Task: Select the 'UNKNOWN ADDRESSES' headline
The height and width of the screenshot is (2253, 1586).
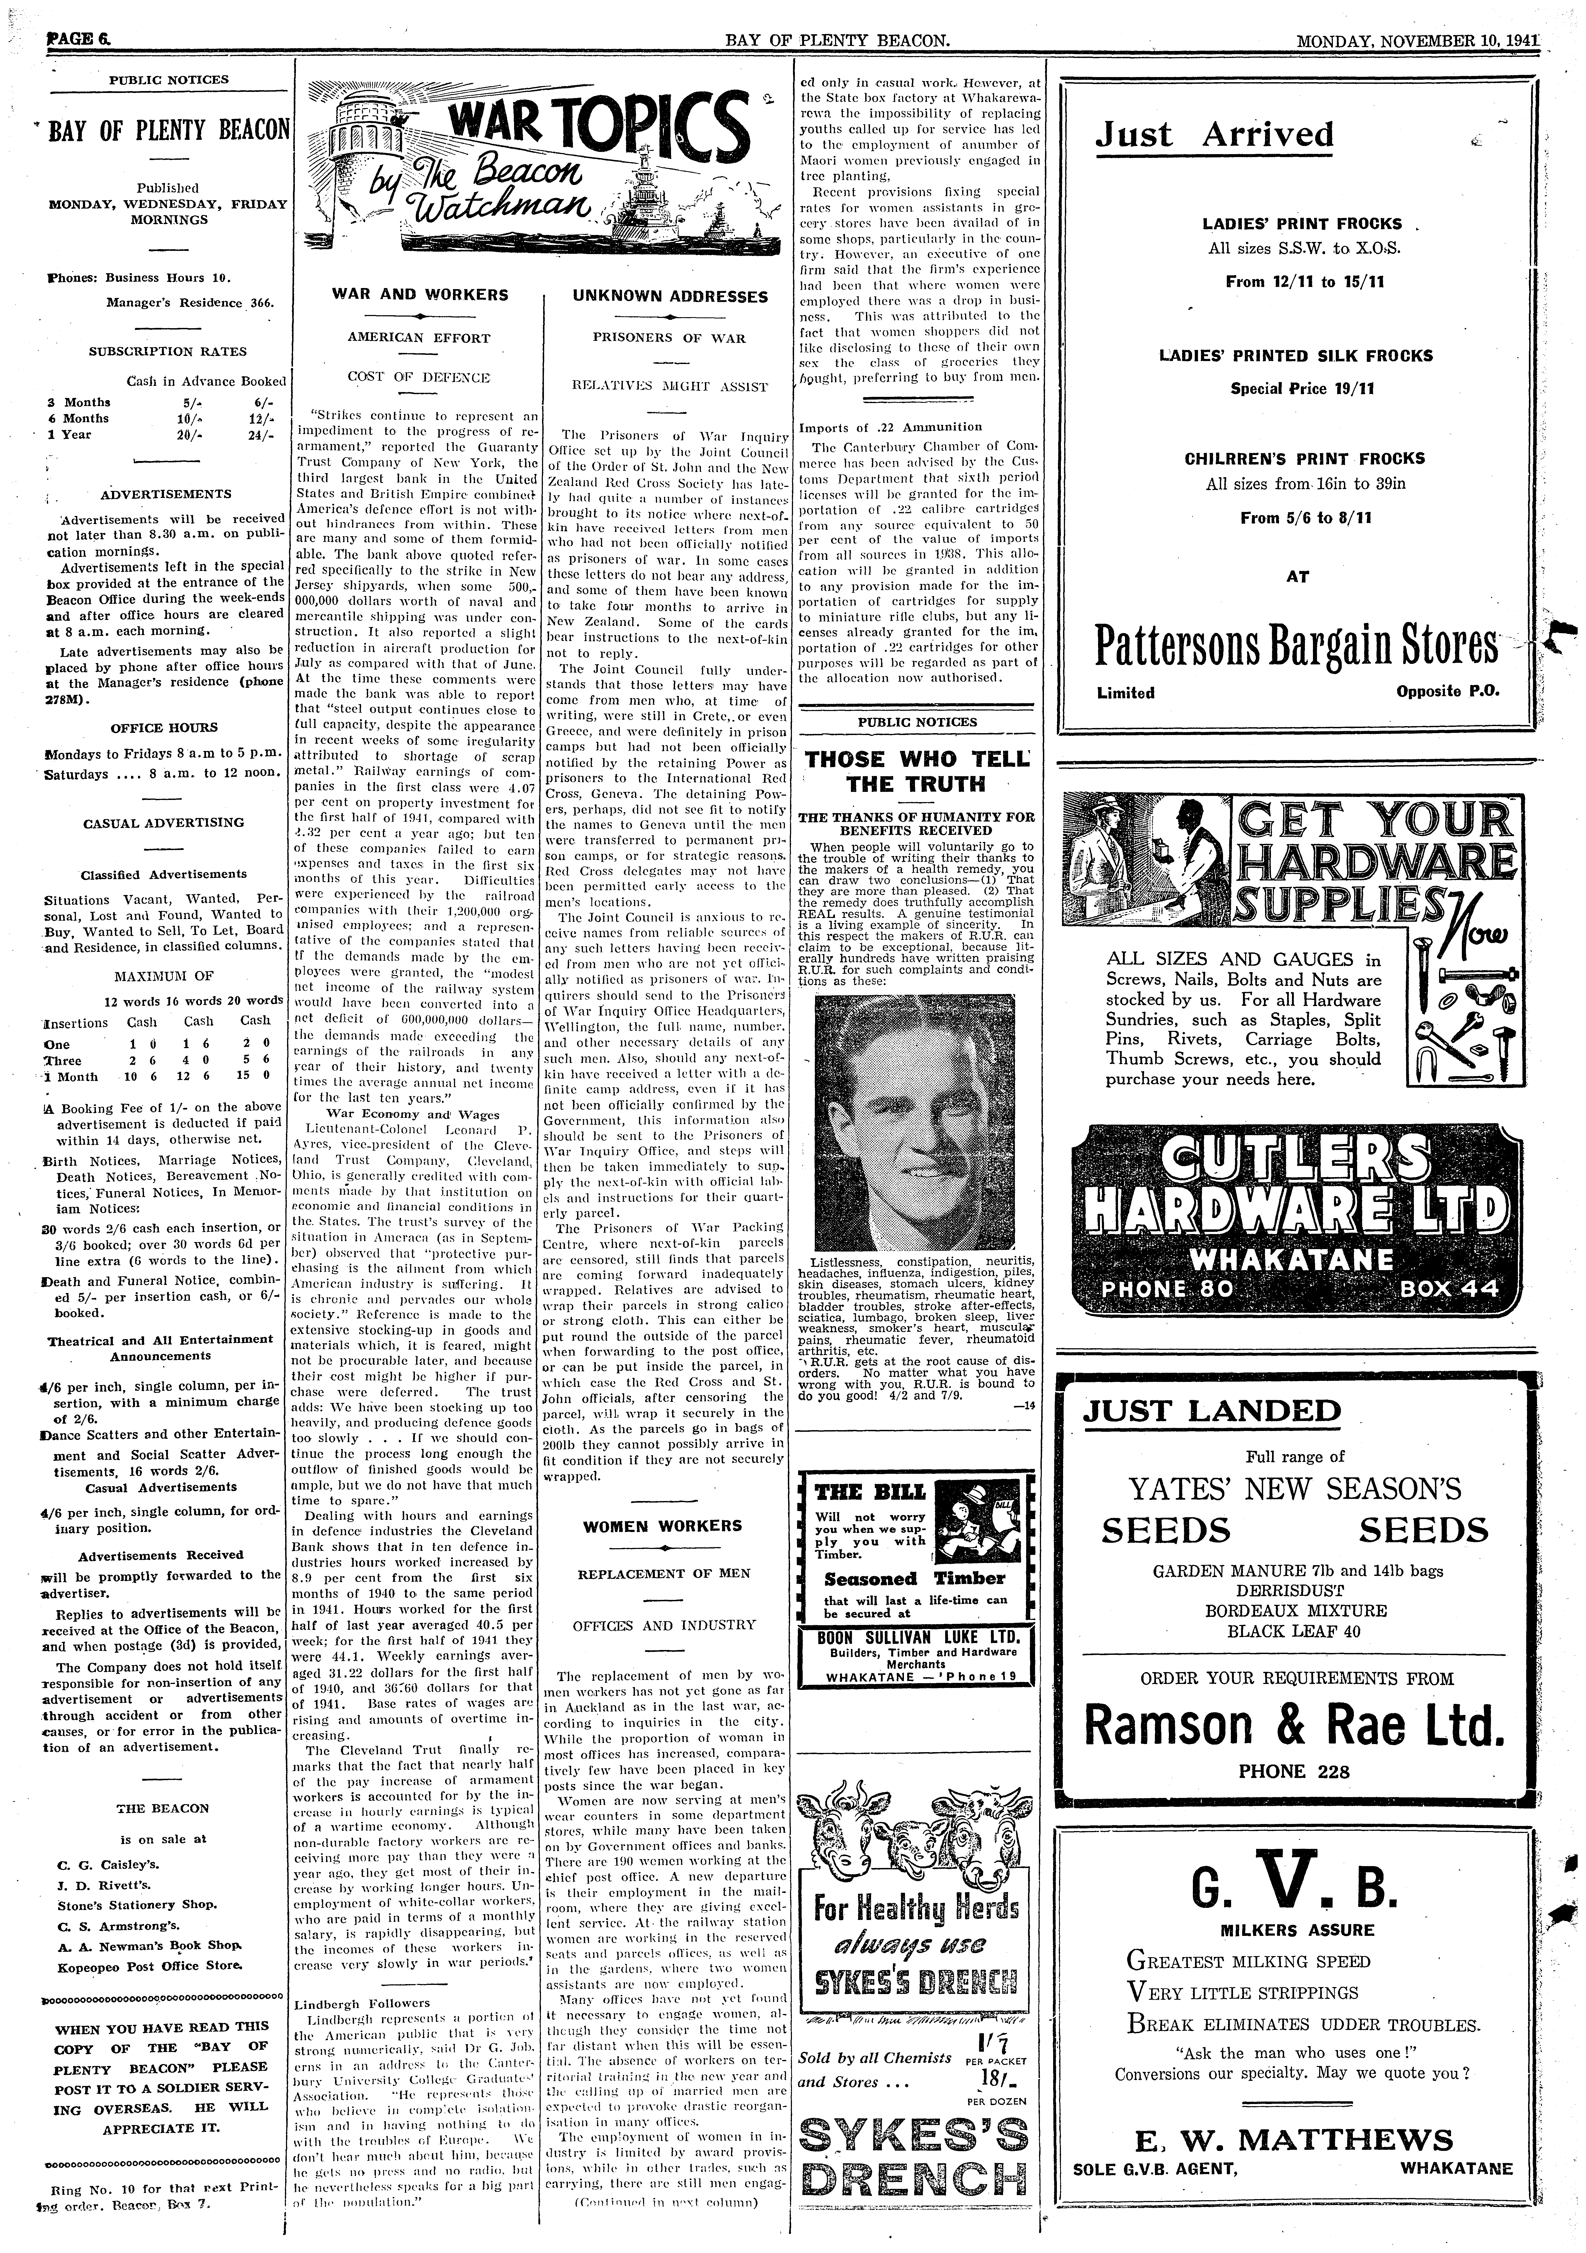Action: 670,296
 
